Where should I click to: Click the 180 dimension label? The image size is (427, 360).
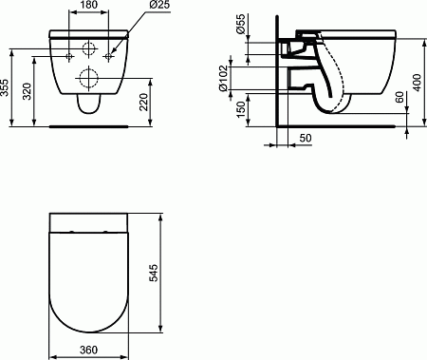coord(89,5)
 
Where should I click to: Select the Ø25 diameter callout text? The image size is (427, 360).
coord(158,5)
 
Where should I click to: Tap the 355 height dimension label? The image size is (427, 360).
coord(5,87)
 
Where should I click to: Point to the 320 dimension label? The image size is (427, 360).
coord(28,91)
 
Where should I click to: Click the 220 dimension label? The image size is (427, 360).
coord(144,102)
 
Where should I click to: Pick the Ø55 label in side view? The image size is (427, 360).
coord(241,24)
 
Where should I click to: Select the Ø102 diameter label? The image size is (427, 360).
coord(223,78)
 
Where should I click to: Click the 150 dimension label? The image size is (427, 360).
coord(241,109)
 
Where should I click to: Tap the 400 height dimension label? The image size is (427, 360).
coord(418,83)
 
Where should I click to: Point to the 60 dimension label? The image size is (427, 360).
coord(399,97)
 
